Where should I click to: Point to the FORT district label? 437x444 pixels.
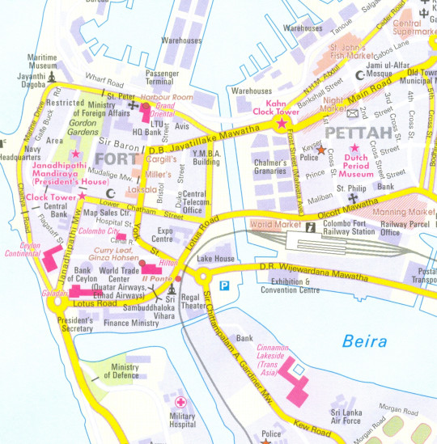pos(112,158)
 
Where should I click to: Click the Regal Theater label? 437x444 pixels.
pos(194,301)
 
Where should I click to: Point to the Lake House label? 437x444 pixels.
pos(215,259)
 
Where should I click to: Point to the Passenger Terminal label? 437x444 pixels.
pos(160,77)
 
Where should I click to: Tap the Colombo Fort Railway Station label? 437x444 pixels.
pos(348,229)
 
